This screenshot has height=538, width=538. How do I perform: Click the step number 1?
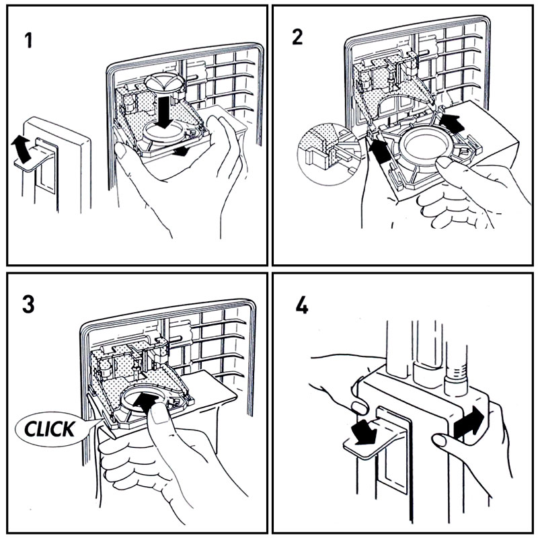(x=29, y=40)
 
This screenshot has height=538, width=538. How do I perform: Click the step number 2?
(x=297, y=37)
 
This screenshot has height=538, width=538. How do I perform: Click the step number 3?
(x=28, y=305)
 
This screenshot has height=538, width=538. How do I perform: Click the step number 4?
(x=302, y=305)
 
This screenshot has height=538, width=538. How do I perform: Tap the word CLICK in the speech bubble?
(x=49, y=429)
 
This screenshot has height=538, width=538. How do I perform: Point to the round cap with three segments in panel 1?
(x=164, y=82)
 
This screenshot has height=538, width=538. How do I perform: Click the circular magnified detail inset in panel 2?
(x=329, y=155)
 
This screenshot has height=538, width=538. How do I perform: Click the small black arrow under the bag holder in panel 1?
(x=180, y=151)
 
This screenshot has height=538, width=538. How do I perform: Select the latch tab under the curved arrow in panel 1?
(x=32, y=159)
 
